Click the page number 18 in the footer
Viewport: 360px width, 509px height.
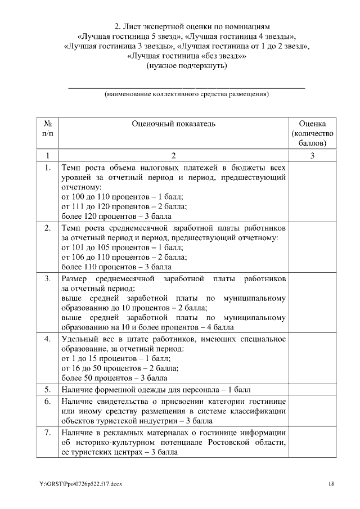[x=331, y=484]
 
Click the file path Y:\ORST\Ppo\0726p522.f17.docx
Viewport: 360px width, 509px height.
[x=76, y=484]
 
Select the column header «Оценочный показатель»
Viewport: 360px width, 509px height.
[x=173, y=124]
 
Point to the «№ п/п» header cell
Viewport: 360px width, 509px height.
[x=48, y=128]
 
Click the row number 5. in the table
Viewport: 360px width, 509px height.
[x=48, y=389]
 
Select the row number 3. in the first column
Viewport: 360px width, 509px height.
[x=48, y=279]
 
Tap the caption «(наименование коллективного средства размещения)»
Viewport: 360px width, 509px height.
[x=186, y=94]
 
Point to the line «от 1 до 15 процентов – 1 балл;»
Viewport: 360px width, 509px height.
[x=115, y=358]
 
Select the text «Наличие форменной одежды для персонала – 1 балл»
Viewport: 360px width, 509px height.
[x=155, y=389]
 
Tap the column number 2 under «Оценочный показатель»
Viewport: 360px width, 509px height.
[x=173, y=155]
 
